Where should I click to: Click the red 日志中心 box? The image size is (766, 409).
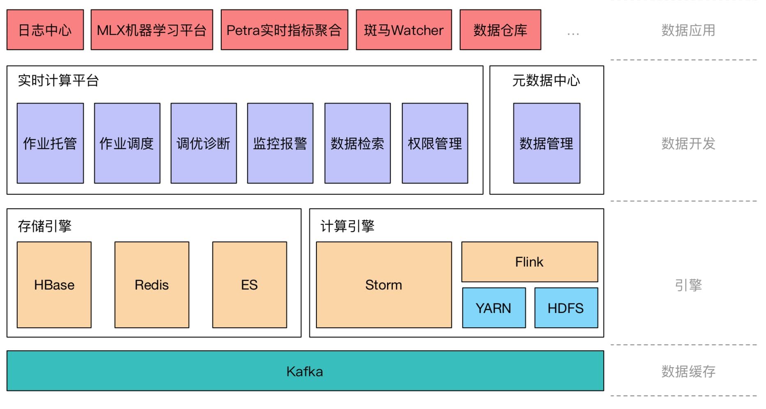coord(45,30)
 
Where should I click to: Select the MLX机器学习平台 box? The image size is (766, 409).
coord(152,30)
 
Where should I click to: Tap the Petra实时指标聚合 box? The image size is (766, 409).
coord(284,30)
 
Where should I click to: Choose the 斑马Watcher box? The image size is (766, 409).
coord(404,30)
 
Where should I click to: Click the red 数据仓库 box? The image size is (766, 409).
coord(500,30)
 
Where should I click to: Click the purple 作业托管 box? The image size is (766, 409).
coord(50,143)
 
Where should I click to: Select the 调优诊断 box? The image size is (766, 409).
coord(204,143)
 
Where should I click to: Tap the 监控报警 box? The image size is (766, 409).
coord(280,143)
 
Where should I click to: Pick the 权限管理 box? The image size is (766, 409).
coord(435,143)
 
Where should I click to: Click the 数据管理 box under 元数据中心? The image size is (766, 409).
coord(546,143)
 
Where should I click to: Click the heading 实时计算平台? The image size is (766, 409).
coord(58,80)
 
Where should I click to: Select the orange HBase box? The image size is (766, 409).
coord(54,285)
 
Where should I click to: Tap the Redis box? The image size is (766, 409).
coord(152,285)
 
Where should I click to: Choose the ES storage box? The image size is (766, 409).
coord(250,285)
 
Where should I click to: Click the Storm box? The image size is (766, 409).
coord(384,285)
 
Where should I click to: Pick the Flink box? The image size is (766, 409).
coord(530,262)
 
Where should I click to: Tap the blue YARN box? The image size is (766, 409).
coord(494,308)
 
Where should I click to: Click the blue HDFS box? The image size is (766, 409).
coord(566,308)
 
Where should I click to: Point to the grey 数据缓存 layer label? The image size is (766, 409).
coord(688,371)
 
